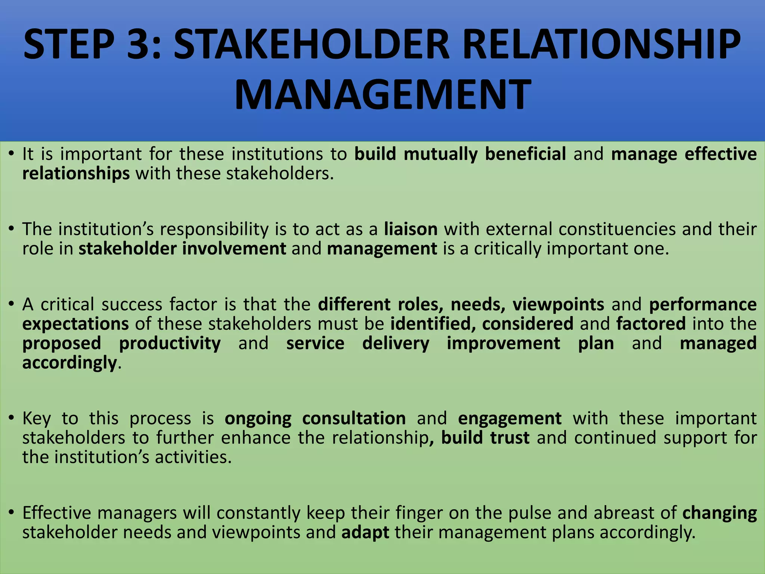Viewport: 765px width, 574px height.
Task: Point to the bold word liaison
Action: (x=411, y=229)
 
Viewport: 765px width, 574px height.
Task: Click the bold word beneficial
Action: (x=525, y=154)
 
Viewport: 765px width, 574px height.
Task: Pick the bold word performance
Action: (x=703, y=305)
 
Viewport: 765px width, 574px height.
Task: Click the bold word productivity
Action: (x=170, y=343)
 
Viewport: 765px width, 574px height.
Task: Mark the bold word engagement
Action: (x=510, y=419)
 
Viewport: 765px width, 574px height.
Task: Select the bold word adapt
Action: (x=365, y=533)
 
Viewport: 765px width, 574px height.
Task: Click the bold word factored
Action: (x=651, y=324)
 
